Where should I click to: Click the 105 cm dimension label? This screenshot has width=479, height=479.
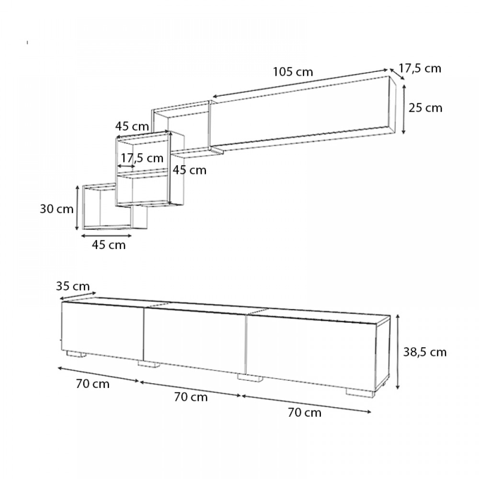click(293, 72)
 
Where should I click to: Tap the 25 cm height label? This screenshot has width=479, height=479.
click(425, 108)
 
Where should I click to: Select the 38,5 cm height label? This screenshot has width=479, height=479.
click(424, 352)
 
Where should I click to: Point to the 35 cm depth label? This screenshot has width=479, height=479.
click(73, 286)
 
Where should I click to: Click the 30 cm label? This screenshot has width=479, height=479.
click(57, 209)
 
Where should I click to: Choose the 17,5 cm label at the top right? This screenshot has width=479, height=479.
click(420, 68)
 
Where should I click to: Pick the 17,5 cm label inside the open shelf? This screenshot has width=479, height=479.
click(142, 158)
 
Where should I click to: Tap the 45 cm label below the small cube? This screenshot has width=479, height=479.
click(109, 245)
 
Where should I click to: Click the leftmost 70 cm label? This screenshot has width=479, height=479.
click(92, 384)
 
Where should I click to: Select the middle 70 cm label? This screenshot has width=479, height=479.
click(191, 397)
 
